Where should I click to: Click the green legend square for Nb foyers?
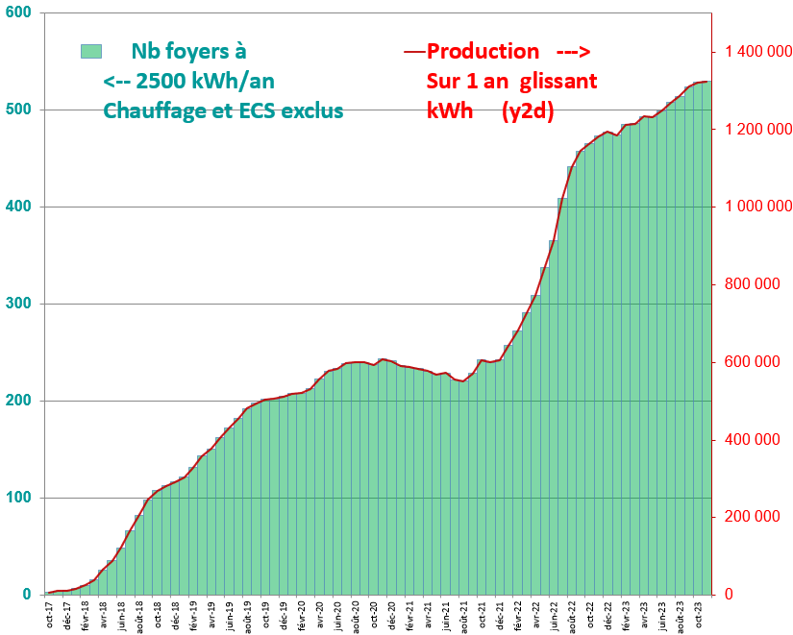pos(91,51)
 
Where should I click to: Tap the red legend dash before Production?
pos(415,51)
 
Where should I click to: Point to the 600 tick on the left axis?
pos(18,12)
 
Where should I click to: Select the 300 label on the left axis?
pos(18,304)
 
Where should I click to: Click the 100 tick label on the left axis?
pos(18,498)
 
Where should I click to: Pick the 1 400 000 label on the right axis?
pos(752,52)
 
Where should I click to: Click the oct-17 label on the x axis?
pos(49,613)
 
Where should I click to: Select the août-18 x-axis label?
pos(139,613)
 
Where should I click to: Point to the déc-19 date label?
pos(284,613)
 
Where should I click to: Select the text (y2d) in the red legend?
pos(528,110)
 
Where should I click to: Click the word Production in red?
pos(483,51)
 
